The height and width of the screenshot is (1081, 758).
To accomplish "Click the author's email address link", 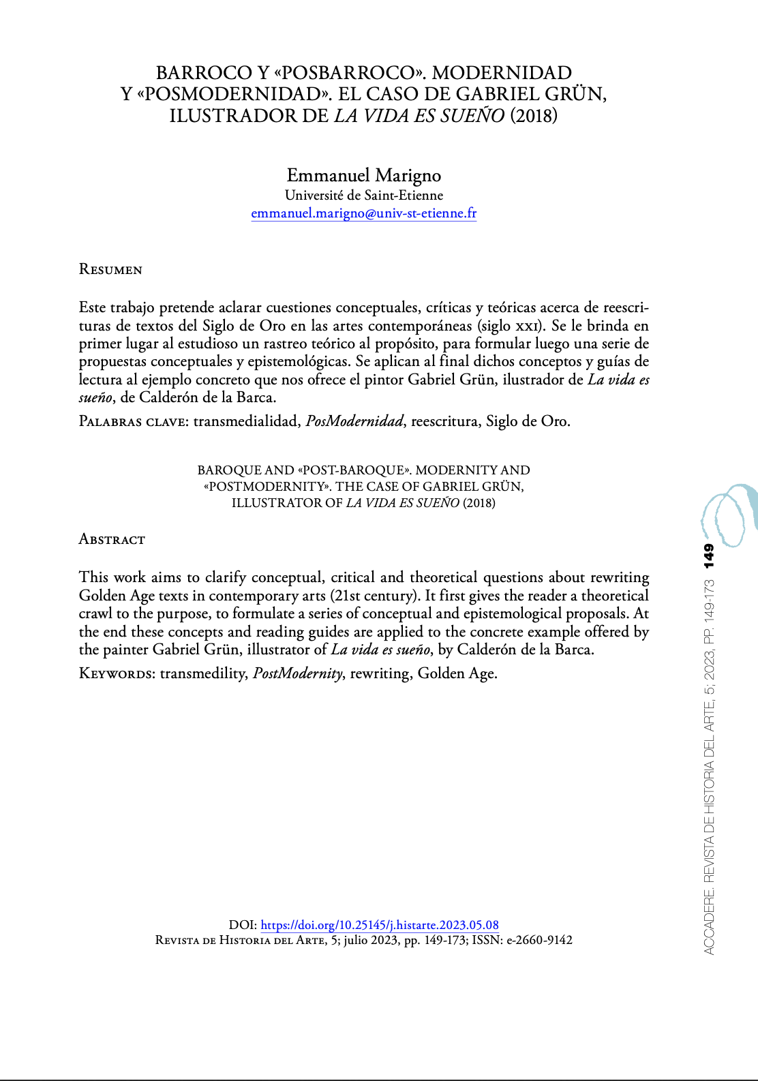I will click(363, 213).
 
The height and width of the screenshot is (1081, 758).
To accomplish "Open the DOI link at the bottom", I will click(380, 925).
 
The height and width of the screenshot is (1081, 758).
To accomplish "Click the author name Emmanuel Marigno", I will click(363, 175).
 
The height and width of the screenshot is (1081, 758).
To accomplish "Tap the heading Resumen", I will click(110, 269).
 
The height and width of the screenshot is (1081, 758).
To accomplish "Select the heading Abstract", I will click(112, 539).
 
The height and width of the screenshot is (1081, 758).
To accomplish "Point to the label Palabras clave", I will click(133, 421).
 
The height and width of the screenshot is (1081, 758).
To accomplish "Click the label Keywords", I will click(117, 673).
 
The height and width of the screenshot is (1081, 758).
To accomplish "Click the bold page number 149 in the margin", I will click(709, 555).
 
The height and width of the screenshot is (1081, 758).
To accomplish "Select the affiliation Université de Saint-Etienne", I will click(363, 195).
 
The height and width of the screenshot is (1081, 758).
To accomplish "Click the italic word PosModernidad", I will click(354, 421).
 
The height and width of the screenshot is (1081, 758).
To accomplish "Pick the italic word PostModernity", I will click(298, 673).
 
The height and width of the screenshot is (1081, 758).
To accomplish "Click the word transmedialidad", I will click(246, 421).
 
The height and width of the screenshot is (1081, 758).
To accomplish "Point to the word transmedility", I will click(203, 673).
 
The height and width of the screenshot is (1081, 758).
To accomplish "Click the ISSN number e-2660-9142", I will click(539, 940).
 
